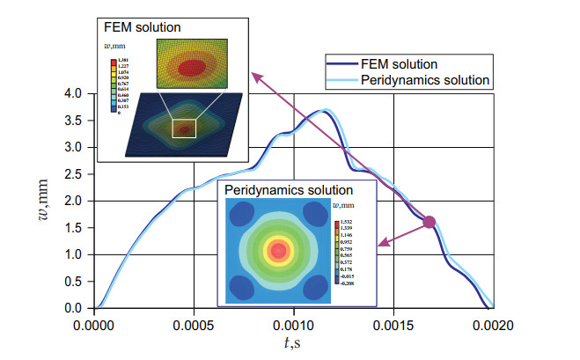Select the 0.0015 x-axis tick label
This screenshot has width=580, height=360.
tap(393, 323)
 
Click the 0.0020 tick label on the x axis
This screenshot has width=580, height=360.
tap(492, 323)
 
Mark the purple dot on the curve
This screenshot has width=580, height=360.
tap(429, 222)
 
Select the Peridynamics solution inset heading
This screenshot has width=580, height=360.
tap(289, 189)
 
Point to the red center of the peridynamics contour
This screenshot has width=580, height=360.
tap(279, 251)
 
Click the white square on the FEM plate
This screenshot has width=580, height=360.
tap(184, 128)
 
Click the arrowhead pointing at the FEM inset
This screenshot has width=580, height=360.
tap(256, 76)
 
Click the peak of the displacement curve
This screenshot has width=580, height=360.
tap(323, 111)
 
